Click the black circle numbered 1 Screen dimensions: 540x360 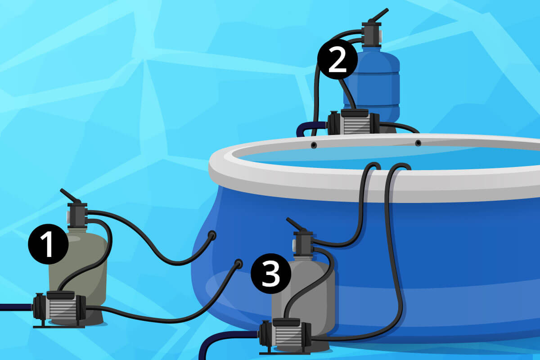[48, 244]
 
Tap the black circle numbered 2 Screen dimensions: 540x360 [337, 59]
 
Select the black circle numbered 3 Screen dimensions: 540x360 [271, 274]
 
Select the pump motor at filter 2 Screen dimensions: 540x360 [353, 122]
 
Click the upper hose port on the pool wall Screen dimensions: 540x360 [212, 234]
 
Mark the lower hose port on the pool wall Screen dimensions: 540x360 [238, 264]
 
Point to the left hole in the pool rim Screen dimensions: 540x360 [314, 145]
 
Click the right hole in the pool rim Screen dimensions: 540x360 [418, 143]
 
